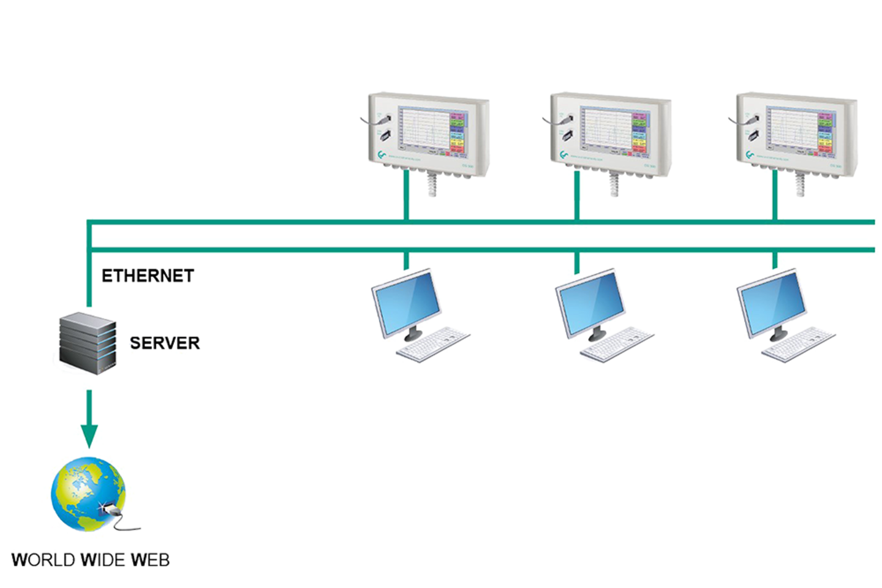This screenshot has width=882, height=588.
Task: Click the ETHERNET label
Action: click(x=148, y=276)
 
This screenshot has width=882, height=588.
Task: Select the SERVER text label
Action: click(x=164, y=342)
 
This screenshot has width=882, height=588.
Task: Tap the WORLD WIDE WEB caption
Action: click(x=90, y=559)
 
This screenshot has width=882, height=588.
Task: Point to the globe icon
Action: click(x=87, y=494)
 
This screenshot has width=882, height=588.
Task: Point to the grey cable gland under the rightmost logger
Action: click(x=800, y=184)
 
